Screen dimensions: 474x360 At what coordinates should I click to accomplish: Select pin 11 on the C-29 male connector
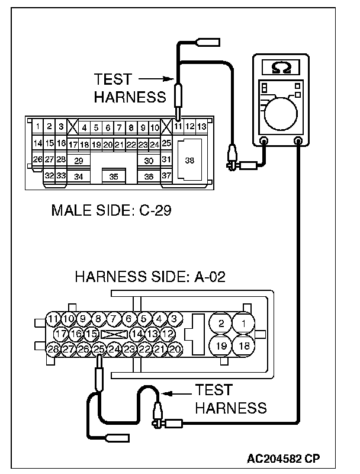(x=178, y=127)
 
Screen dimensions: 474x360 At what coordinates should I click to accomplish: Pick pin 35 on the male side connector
(x=114, y=176)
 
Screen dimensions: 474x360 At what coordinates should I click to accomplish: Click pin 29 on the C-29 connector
(x=78, y=161)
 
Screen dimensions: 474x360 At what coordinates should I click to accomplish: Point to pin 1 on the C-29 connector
(x=37, y=126)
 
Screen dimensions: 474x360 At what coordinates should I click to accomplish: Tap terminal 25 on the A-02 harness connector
(x=99, y=350)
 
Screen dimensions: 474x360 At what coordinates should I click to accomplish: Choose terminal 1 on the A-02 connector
(x=242, y=324)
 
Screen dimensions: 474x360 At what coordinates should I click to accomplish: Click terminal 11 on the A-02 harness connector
(x=53, y=319)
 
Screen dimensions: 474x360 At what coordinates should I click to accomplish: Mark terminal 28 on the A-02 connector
(x=53, y=350)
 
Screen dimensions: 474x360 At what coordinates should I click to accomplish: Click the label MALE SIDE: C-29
(x=111, y=210)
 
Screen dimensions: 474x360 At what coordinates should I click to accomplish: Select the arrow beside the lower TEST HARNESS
(x=178, y=392)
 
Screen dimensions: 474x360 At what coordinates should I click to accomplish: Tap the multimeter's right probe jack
(x=298, y=142)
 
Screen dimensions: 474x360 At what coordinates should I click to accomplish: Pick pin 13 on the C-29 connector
(x=202, y=127)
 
